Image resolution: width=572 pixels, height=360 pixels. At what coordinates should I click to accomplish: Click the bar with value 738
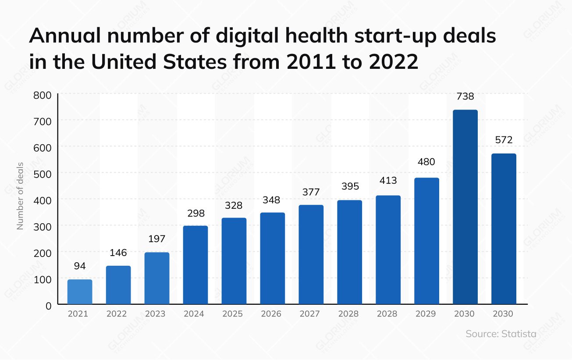(465, 207)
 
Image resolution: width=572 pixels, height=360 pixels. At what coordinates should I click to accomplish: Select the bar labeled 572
(503, 229)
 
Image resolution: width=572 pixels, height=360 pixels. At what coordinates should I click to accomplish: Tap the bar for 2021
(80, 292)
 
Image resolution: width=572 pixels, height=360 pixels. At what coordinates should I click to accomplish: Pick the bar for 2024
(195, 265)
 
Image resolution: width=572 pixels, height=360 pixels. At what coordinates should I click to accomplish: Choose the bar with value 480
(426, 241)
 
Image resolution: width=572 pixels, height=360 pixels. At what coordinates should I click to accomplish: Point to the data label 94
(80, 266)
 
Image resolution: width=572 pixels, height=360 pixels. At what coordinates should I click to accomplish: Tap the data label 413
(387, 180)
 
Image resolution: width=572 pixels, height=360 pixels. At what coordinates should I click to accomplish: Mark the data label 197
(156, 239)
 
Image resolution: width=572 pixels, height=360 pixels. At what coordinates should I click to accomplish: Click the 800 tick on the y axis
(43, 95)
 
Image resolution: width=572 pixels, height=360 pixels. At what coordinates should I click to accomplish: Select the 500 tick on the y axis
(43, 174)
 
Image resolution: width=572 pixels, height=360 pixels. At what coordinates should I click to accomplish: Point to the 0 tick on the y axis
(48, 305)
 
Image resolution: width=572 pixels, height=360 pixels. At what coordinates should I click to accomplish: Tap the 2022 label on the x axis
(117, 314)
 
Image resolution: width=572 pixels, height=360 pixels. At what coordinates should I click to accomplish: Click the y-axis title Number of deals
(20, 196)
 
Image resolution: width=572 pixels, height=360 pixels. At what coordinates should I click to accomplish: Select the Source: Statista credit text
(501, 334)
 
